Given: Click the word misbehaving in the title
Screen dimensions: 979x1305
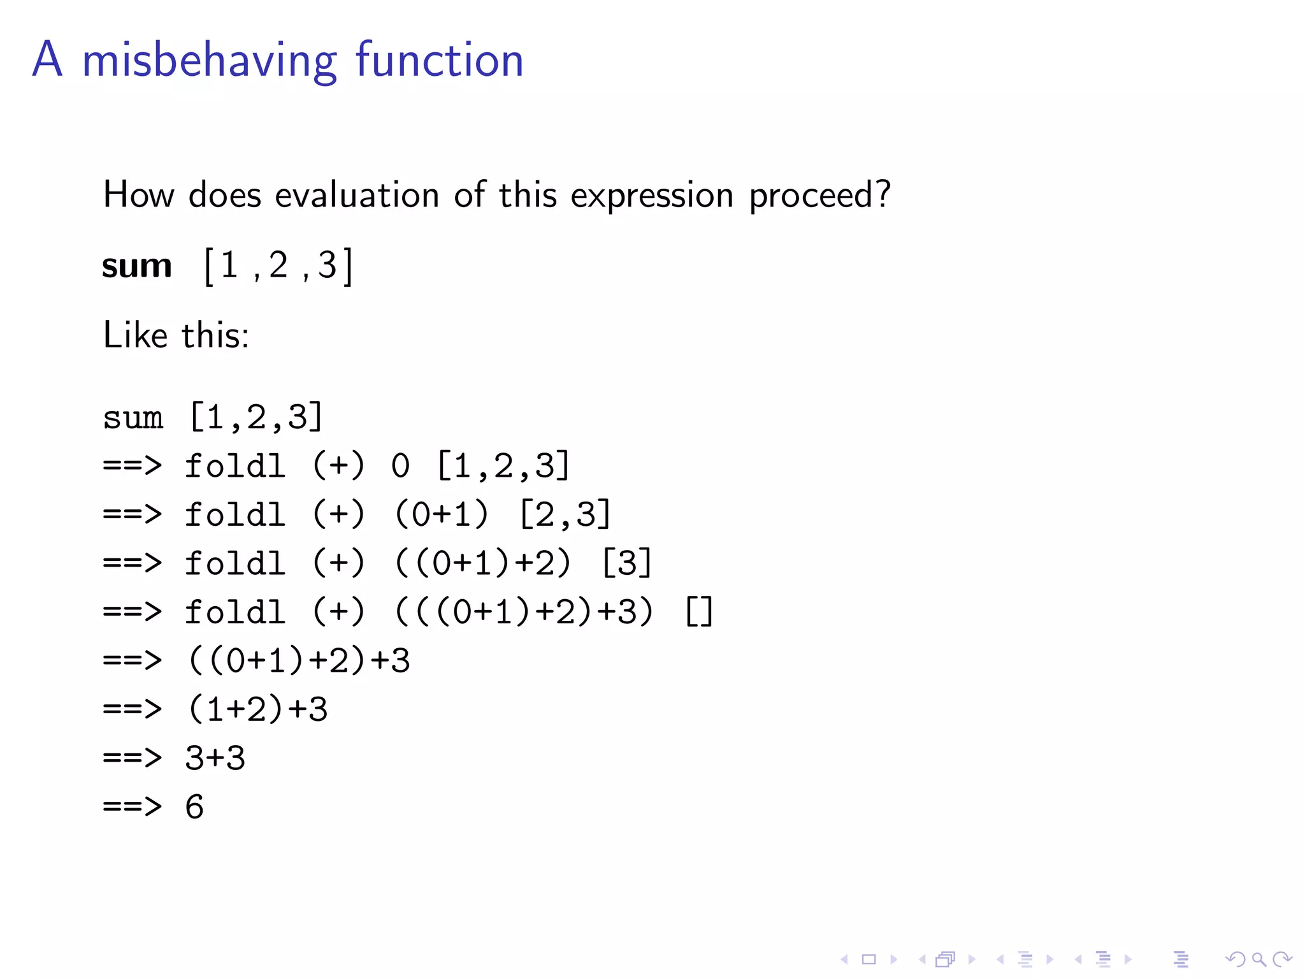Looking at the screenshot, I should click(x=209, y=61).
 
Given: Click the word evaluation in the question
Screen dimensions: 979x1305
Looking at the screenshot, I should click(x=357, y=194).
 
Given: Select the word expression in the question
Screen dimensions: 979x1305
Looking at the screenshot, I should click(x=651, y=196).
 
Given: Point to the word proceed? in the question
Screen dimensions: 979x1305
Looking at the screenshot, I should click(x=819, y=196).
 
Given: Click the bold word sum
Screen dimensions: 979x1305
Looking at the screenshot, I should click(x=137, y=266).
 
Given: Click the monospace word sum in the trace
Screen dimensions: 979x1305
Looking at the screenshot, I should click(x=133, y=418).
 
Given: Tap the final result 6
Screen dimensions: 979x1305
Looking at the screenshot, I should click(x=194, y=807).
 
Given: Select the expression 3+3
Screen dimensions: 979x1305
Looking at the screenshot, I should click(x=215, y=758).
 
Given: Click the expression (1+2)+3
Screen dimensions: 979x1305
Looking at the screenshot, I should click(x=257, y=709).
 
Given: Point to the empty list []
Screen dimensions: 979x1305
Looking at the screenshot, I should click(x=699, y=612).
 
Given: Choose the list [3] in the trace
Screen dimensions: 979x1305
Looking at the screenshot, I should click(x=627, y=563).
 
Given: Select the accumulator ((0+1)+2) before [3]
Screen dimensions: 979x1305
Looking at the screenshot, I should click(x=482, y=563).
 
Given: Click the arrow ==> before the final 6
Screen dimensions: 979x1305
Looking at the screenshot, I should click(x=133, y=807).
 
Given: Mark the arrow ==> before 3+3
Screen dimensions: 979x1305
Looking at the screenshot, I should click(x=133, y=758).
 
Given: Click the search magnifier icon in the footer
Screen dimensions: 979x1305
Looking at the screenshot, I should click(x=1258, y=959).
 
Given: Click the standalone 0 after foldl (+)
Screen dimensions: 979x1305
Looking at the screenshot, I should click(x=400, y=466).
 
